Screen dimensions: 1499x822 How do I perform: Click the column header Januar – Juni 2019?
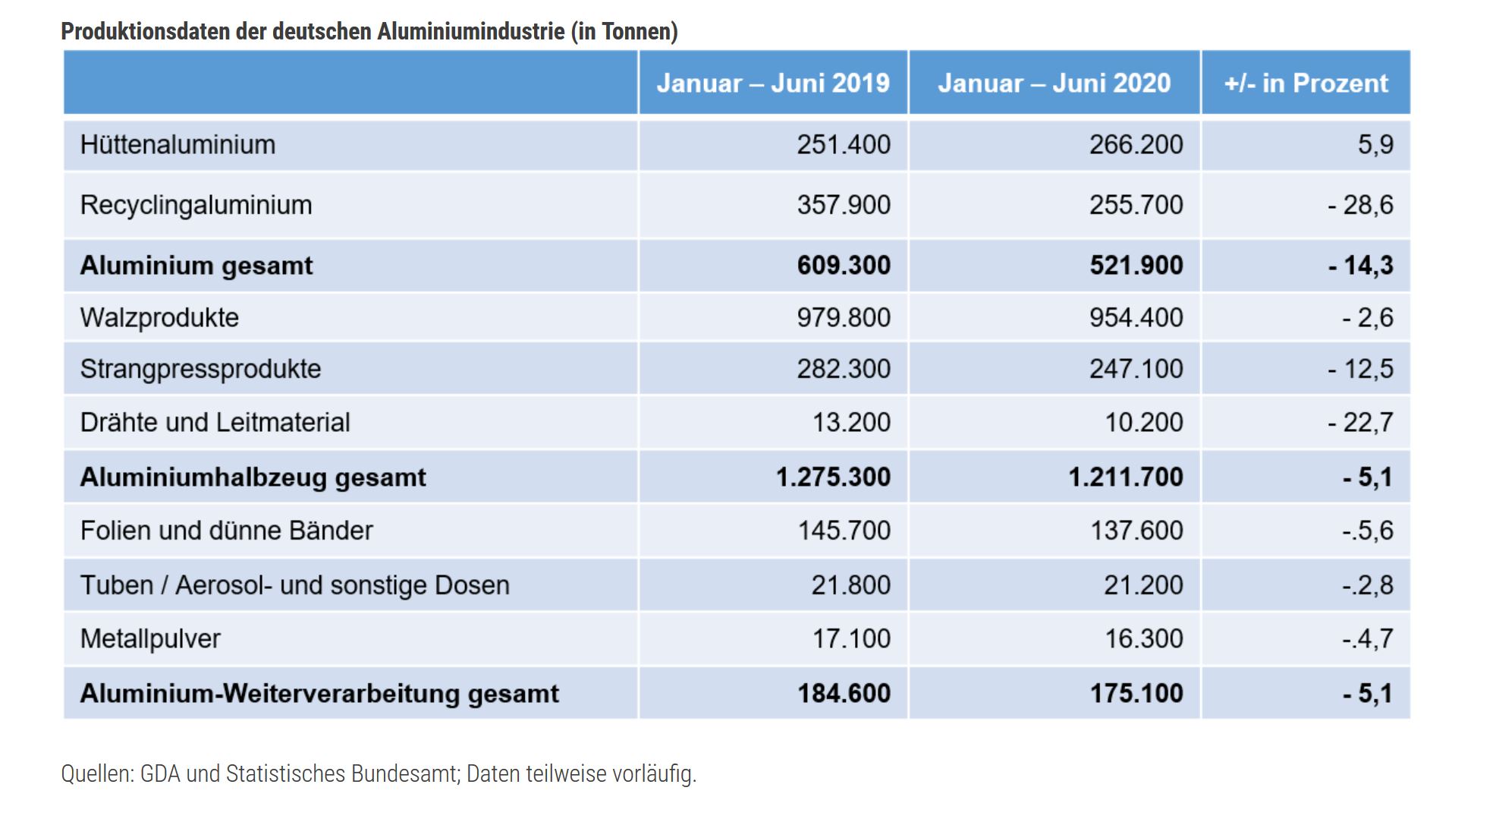(773, 83)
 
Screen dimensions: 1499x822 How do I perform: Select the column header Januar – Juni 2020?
(1054, 83)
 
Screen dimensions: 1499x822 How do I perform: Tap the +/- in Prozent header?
(1306, 83)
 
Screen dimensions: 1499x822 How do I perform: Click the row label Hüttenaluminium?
(178, 144)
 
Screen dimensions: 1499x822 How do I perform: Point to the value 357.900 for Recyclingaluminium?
(844, 205)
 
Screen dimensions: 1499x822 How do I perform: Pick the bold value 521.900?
(1136, 265)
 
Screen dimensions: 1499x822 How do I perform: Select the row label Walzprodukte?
(159, 317)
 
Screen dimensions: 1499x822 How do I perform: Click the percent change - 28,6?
(1360, 205)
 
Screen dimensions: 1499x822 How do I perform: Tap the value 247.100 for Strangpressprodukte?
(1136, 369)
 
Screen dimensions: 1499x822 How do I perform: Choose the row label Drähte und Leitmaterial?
(215, 422)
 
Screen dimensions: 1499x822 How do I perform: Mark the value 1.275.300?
(834, 477)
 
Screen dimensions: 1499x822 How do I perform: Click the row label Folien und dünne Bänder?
(226, 530)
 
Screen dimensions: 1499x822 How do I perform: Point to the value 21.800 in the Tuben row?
(851, 585)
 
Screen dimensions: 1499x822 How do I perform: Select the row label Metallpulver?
(150, 639)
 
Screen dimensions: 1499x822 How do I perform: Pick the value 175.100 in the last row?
(1136, 693)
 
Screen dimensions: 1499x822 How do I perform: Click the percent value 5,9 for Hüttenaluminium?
(1375, 144)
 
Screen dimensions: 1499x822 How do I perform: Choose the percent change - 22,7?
(1360, 422)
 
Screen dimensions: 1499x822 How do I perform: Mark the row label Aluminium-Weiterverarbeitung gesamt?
(319, 693)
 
